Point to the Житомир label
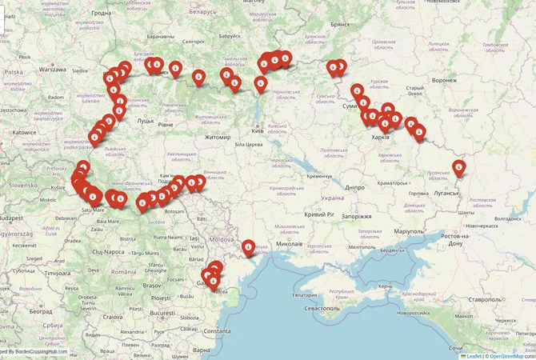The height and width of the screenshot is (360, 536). (x=218, y=137)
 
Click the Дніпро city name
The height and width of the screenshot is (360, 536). (x=356, y=186)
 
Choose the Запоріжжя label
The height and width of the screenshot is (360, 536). (x=354, y=216)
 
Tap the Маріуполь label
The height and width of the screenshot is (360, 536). (x=421, y=232)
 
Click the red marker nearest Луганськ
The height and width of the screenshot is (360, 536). (x=458, y=166)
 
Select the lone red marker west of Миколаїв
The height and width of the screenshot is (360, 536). (x=249, y=247)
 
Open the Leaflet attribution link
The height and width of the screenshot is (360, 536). (x=474, y=356)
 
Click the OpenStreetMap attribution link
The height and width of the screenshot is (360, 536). (x=511, y=356)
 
